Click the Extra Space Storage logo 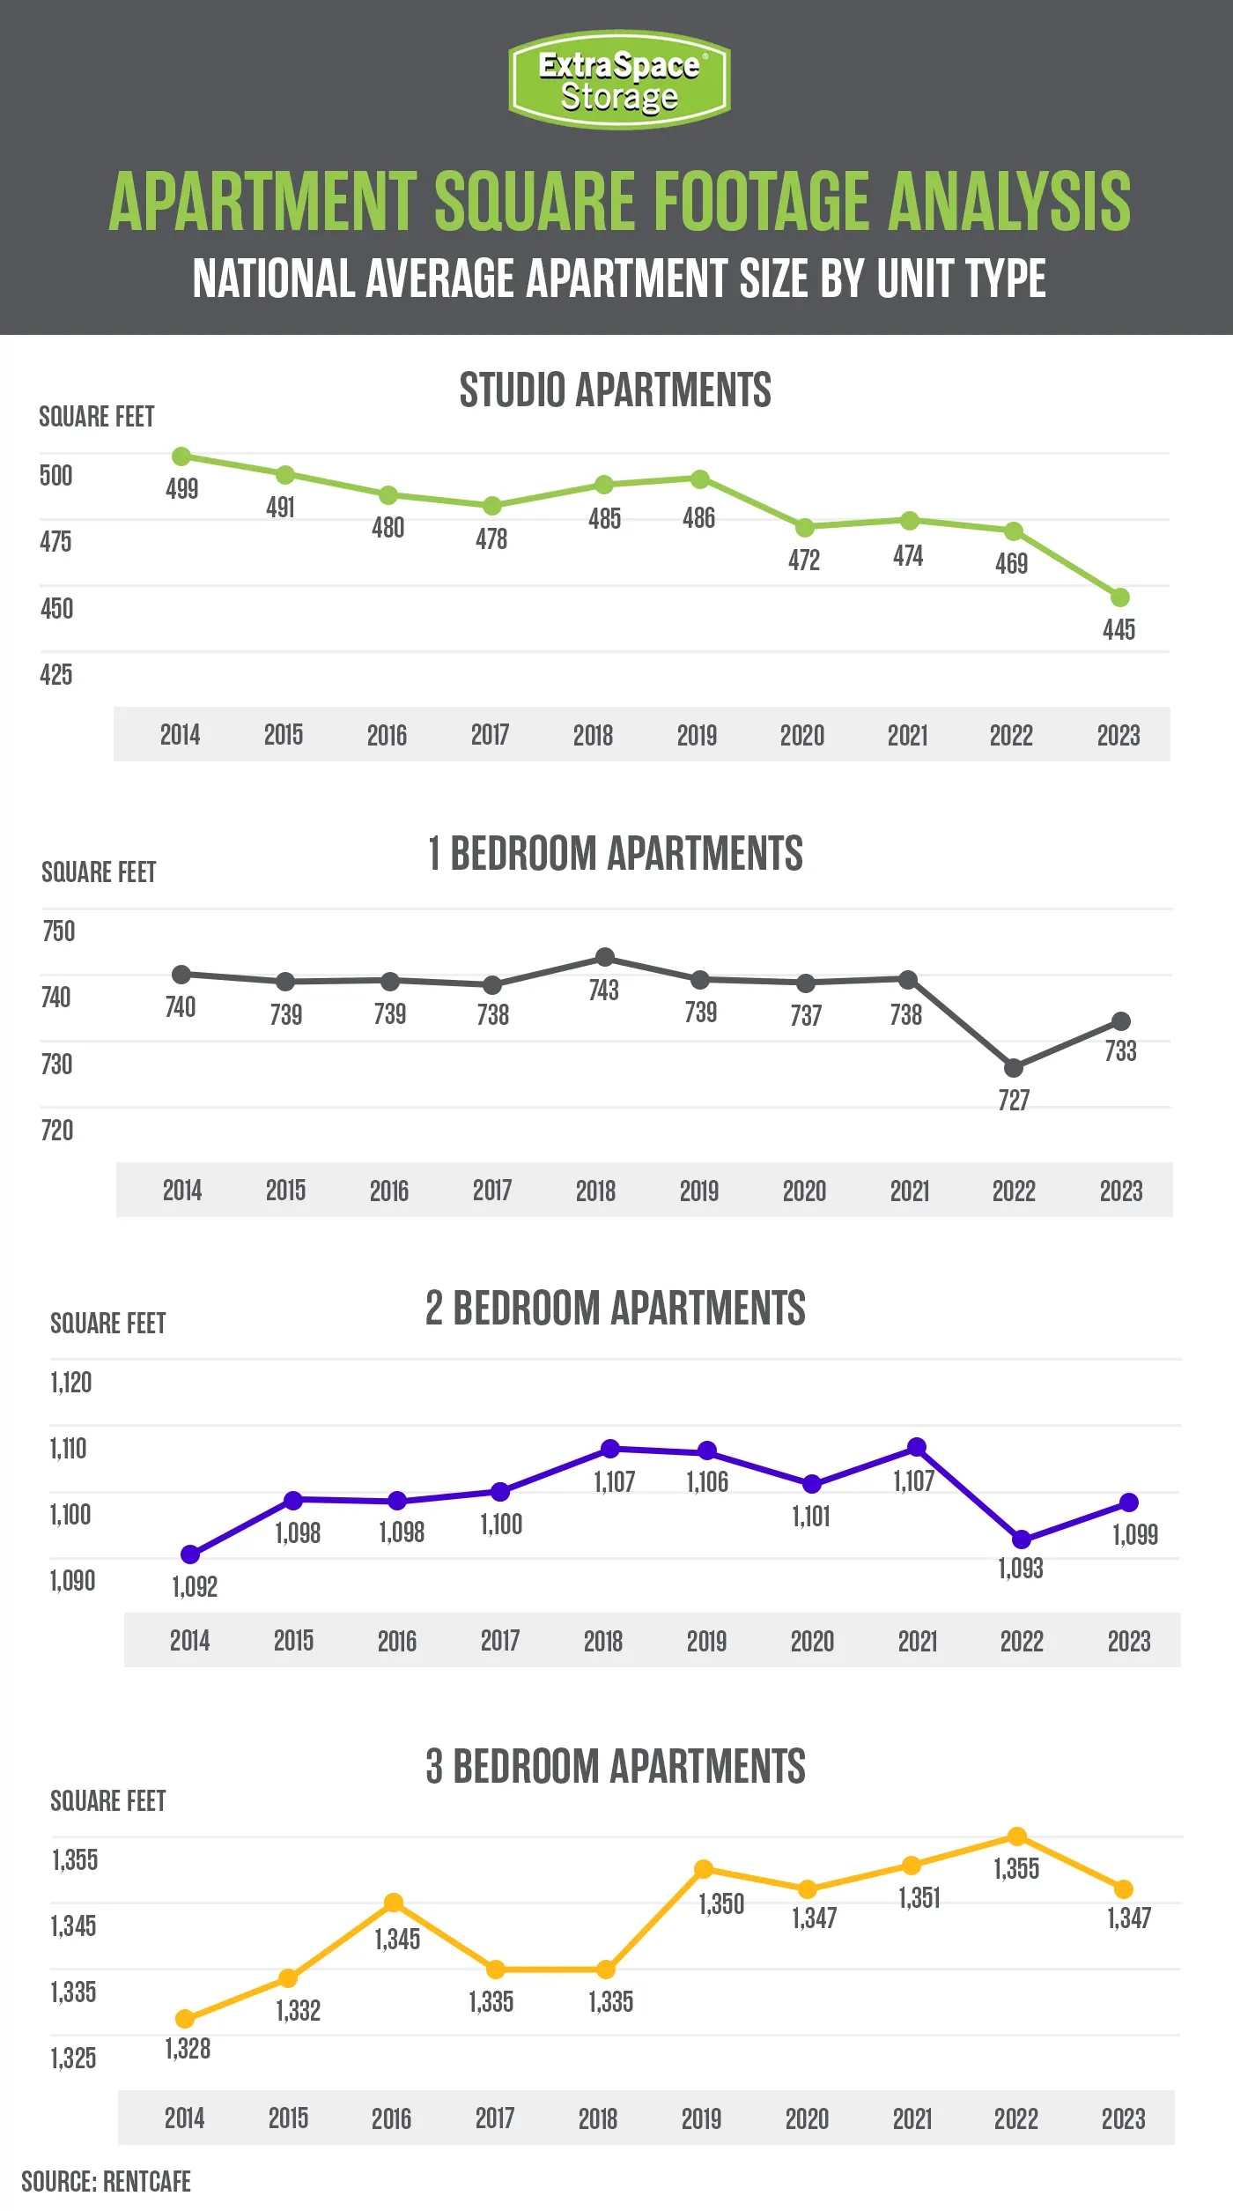click(619, 79)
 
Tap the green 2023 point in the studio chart click(1119, 597)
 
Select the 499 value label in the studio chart click(182, 489)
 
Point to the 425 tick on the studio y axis click(56, 675)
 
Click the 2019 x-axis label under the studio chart click(697, 735)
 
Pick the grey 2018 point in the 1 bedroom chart click(605, 957)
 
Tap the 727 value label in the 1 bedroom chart click(1014, 1100)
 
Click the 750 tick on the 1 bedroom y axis click(59, 931)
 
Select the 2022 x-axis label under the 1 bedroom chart click(1014, 1191)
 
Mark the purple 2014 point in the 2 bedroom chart click(190, 1554)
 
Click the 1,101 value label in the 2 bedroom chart click(811, 1517)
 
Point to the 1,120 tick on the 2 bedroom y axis click(71, 1383)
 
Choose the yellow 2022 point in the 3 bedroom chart click(1017, 1836)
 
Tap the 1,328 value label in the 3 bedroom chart click(188, 2049)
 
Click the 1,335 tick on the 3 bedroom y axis click(73, 1992)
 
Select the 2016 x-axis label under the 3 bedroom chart click(391, 2118)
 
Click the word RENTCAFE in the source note click(147, 2182)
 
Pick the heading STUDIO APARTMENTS click(616, 390)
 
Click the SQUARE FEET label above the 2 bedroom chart click(108, 1324)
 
